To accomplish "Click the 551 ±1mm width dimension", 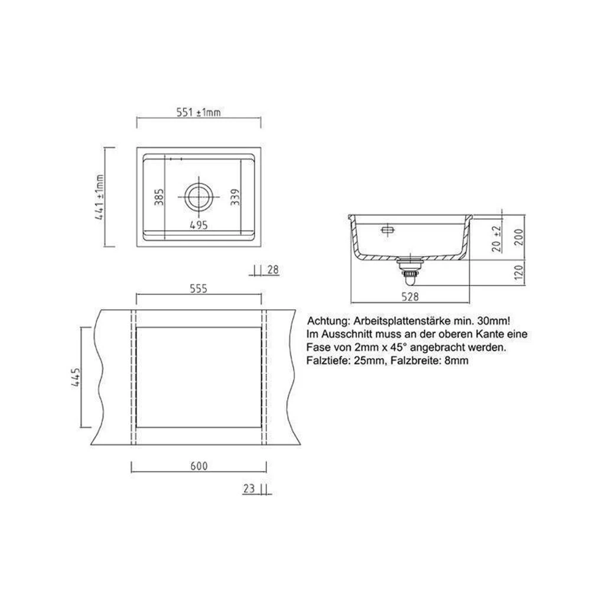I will pos(199,113).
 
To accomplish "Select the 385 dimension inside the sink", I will pos(158,197).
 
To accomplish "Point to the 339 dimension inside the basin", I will pos(235,197).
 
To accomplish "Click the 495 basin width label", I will pos(199,225).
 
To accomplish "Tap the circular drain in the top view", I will pos(198,196).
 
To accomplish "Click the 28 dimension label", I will pos(272,270).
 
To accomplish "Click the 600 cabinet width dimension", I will pos(199,467).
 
